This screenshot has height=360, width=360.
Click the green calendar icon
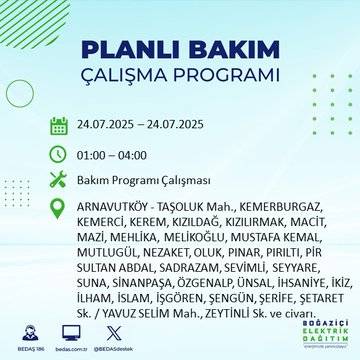point(59,126)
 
